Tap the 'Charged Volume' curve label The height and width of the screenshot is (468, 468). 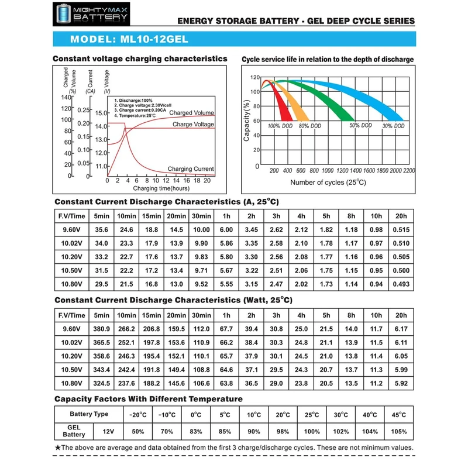point(192,113)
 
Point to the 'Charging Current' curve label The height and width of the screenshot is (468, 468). point(191,169)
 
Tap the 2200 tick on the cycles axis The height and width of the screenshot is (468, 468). point(408,170)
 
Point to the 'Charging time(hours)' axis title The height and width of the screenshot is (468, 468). point(161,189)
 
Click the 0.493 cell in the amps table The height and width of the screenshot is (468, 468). point(400,283)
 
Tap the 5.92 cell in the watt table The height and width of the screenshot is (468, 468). point(400,383)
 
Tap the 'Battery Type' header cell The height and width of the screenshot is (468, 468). point(89,414)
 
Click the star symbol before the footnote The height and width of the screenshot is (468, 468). point(57,448)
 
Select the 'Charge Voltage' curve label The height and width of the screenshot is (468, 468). point(193,125)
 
